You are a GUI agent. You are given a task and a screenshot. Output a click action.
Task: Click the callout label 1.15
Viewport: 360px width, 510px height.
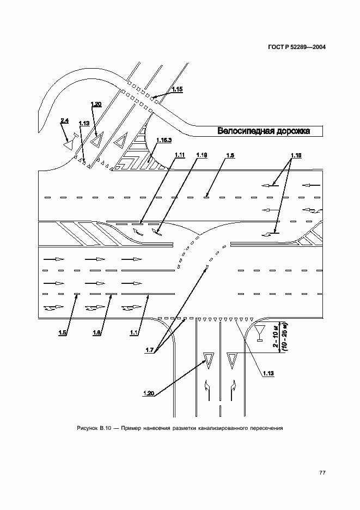tap(177, 88)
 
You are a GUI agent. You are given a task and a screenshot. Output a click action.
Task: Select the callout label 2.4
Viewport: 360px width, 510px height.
tap(65, 120)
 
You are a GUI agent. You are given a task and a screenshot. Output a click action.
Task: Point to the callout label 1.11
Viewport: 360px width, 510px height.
tap(179, 155)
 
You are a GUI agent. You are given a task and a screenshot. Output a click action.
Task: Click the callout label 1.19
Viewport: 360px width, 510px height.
tap(200, 155)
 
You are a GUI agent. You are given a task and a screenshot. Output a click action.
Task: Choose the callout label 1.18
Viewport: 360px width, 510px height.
tap(296, 155)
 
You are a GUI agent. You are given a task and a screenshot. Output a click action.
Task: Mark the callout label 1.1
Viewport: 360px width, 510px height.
tap(133, 332)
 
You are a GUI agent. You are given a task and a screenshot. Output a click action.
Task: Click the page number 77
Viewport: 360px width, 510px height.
tap(322, 472)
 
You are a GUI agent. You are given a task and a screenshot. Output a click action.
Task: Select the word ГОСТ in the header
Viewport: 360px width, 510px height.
tap(278, 47)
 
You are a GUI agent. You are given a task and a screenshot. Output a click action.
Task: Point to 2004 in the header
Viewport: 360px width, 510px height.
tap(316, 47)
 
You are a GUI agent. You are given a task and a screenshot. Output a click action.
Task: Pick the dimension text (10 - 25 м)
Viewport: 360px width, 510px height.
tap(284, 337)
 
